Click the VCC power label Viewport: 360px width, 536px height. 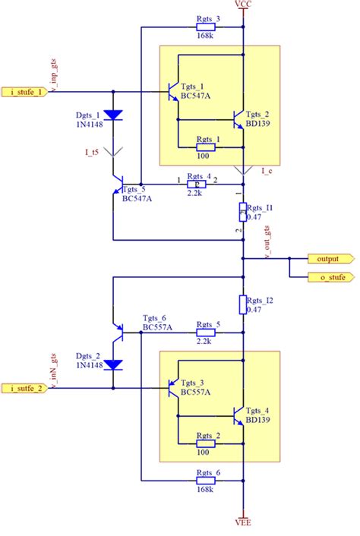point(243,5)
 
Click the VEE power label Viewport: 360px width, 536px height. point(243,522)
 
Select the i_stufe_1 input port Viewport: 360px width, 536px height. point(28,92)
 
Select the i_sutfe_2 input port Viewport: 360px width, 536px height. point(28,388)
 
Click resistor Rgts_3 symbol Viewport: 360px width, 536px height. point(208,27)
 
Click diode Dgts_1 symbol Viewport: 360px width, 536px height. point(113,115)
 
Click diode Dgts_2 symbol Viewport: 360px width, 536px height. point(113,364)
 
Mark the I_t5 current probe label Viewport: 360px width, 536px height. point(92,152)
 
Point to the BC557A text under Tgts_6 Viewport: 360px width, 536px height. point(158,328)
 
